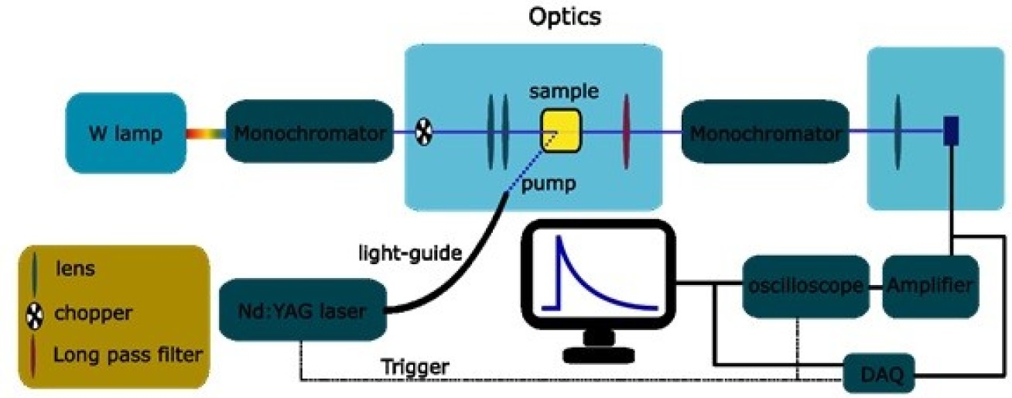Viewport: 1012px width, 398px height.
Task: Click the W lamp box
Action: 125,133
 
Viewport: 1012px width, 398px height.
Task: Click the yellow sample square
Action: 559,131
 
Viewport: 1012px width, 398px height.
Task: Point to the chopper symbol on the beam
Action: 424,133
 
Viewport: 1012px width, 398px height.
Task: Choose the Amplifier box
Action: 925,286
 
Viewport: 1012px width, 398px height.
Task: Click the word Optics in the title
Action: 565,17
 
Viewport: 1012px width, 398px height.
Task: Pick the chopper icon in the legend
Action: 35,314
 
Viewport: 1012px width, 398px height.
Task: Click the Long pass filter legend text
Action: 128,355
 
